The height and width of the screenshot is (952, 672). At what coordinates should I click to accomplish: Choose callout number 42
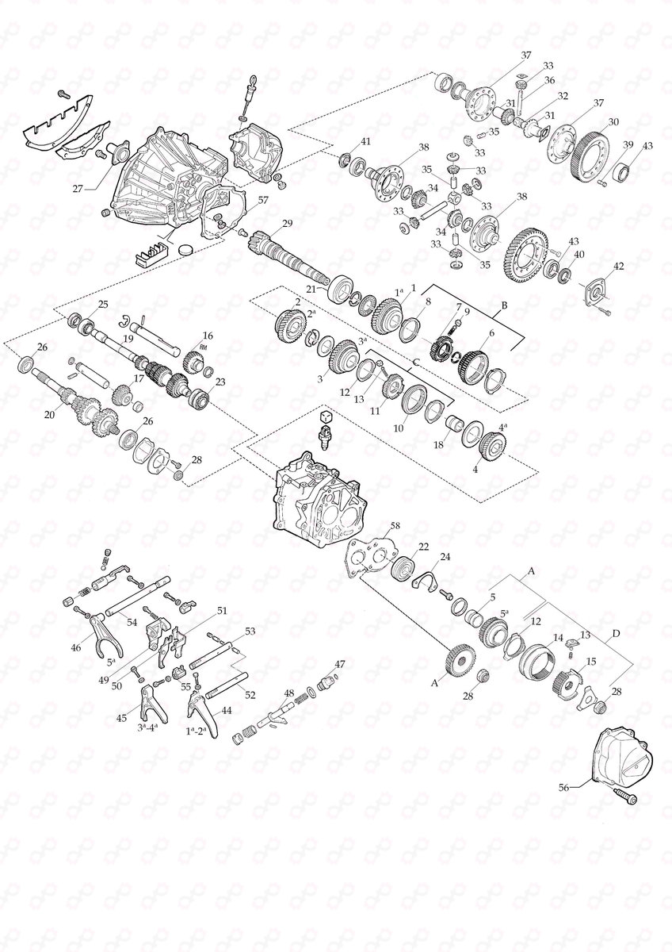[619, 267]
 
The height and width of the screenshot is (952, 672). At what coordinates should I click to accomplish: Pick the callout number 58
[395, 525]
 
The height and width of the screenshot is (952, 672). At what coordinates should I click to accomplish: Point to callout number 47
[340, 664]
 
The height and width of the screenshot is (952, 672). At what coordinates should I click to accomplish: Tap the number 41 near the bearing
[365, 141]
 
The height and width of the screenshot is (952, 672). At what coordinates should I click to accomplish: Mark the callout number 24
[445, 557]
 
